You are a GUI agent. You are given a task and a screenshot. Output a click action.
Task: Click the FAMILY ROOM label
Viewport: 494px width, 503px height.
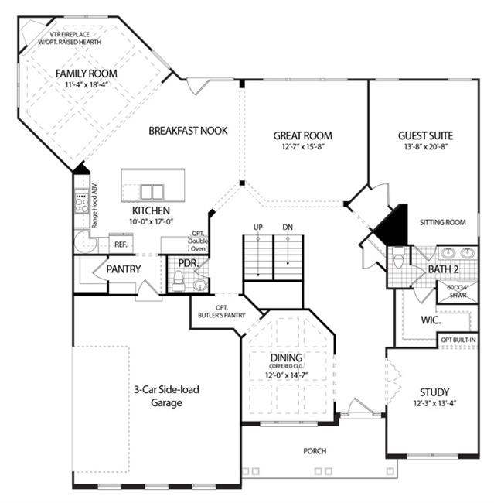tap(87, 74)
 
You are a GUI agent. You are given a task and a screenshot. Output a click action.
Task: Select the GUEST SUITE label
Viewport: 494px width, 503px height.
tap(425, 135)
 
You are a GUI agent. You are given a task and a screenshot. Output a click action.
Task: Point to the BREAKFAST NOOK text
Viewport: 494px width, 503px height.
tap(188, 131)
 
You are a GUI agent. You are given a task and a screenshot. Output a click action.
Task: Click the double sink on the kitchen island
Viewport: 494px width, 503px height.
tap(152, 192)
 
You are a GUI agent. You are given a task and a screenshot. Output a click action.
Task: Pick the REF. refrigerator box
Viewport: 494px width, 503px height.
tap(121, 244)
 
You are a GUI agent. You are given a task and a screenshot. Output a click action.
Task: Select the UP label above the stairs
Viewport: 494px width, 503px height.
tap(258, 227)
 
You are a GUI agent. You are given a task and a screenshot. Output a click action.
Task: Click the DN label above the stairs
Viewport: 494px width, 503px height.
tap(288, 227)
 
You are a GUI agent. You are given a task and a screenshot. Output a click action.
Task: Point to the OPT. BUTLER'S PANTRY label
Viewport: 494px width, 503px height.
tap(222, 312)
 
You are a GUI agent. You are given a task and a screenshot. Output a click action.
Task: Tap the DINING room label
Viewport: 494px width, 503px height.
tap(286, 358)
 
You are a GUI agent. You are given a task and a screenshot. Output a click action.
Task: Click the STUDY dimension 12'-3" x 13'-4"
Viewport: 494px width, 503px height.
tap(434, 403)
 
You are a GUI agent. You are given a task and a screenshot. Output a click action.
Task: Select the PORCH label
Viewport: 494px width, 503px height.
tap(315, 451)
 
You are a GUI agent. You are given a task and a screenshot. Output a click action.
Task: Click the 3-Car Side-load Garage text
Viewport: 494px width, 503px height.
tap(166, 396)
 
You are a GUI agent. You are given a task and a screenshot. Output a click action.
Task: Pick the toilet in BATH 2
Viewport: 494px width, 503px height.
tap(399, 258)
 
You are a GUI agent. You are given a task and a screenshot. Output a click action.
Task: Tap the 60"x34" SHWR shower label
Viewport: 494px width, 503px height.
tap(458, 291)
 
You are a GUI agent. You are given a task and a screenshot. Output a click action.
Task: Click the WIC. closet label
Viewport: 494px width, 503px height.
tap(431, 320)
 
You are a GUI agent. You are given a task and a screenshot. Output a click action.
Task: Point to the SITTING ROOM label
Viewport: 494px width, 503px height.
tap(443, 222)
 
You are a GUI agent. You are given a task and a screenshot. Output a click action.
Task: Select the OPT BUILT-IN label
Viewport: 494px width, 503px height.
tap(458, 340)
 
